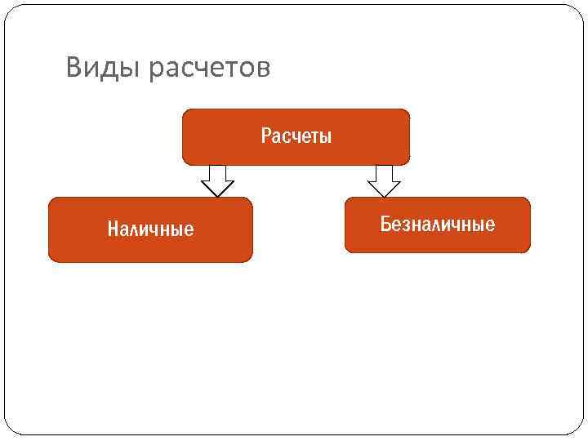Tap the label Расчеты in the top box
(296, 136)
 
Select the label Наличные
(151, 229)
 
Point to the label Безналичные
(438, 225)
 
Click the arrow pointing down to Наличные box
(217, 180)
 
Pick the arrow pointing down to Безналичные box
(384, 180)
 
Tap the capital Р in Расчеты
(265, 136)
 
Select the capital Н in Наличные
(113, 229)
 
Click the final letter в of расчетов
(263, 69)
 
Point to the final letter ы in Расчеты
(327, 136)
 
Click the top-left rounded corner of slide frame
(11, 11)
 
